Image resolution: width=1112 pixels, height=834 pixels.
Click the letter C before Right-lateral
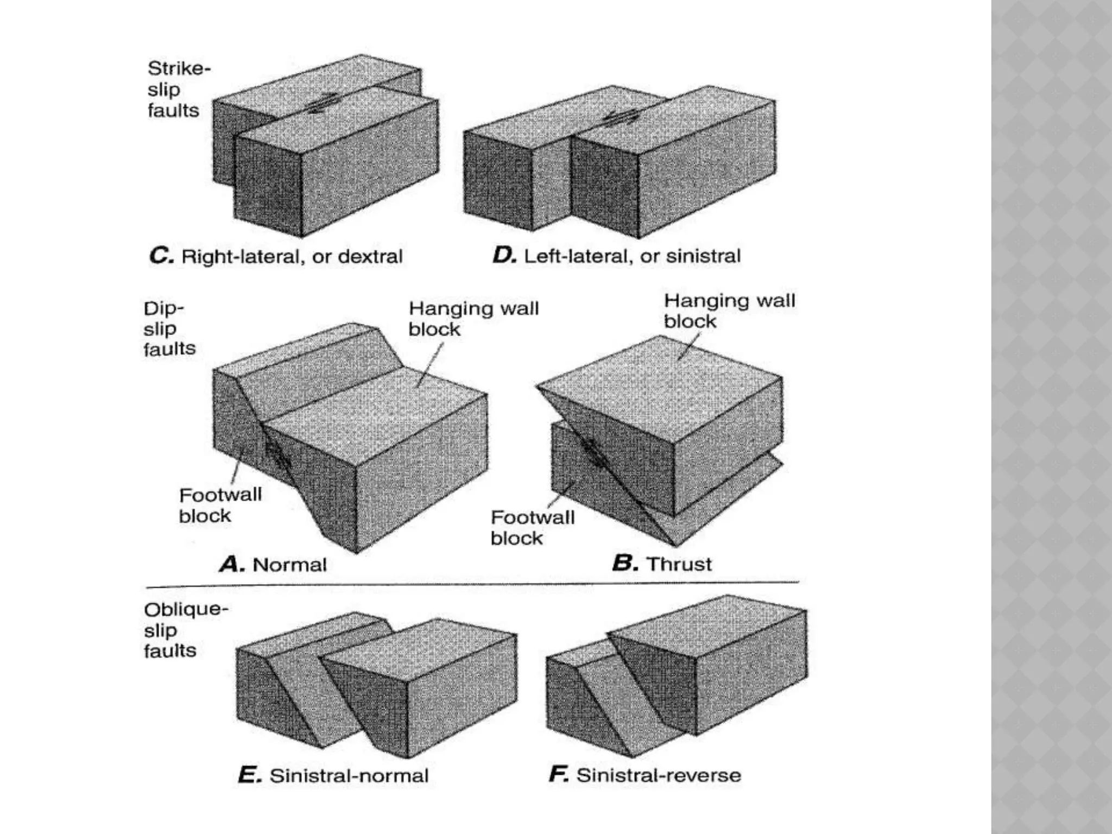(x=161, y=256)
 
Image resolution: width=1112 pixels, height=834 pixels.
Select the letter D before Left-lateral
(x=504, y=255)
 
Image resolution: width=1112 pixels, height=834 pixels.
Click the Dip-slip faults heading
(x=169, y=328)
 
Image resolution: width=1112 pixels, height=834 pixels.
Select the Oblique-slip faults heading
(x=185, y=630)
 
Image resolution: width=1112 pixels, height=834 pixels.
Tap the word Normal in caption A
(x=289, y=565)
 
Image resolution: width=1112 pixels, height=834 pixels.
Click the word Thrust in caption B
(x=679, y=564)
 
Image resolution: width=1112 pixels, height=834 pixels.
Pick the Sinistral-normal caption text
(x=349, y=775)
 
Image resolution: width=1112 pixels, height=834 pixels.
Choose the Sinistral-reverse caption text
(x=658, y=775)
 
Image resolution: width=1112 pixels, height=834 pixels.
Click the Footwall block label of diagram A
(x=219, y=505)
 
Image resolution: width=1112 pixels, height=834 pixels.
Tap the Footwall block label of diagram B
(x=532, y=528)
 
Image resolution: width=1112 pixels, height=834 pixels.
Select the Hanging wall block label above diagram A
(x=473, y=319)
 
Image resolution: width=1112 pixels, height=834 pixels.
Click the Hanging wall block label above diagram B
(x=729, y=311)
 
